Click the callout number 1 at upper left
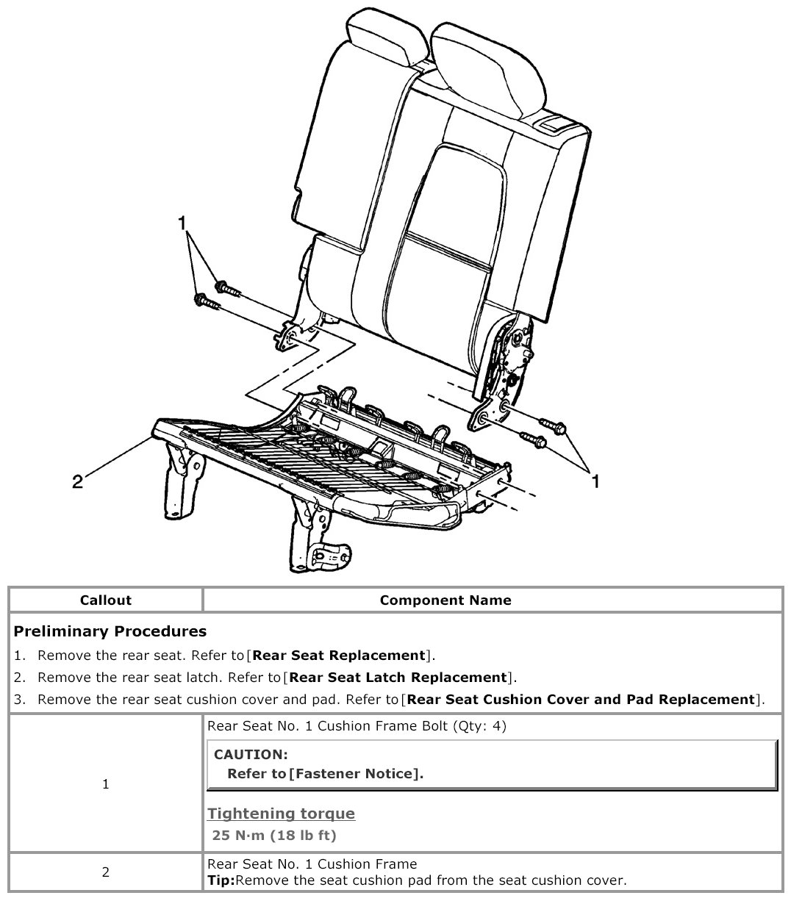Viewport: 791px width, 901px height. [182, 223]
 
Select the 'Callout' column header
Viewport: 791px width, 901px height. [106, 600]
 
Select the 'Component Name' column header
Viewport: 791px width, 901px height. [445, 600]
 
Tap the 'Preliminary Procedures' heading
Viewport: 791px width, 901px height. [110, 631]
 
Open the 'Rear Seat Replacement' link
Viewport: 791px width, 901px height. [339, 655]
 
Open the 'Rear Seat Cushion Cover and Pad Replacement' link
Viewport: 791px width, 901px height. [581, 699]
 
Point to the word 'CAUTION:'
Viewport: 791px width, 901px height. [251, 754]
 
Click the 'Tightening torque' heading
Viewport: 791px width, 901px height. [281, 813]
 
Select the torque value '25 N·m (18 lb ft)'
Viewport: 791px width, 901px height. [273, 835]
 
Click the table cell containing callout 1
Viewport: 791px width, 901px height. [106, 784]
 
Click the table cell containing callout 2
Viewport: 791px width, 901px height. [106, 872]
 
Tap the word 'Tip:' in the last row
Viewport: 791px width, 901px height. [222, 880]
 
